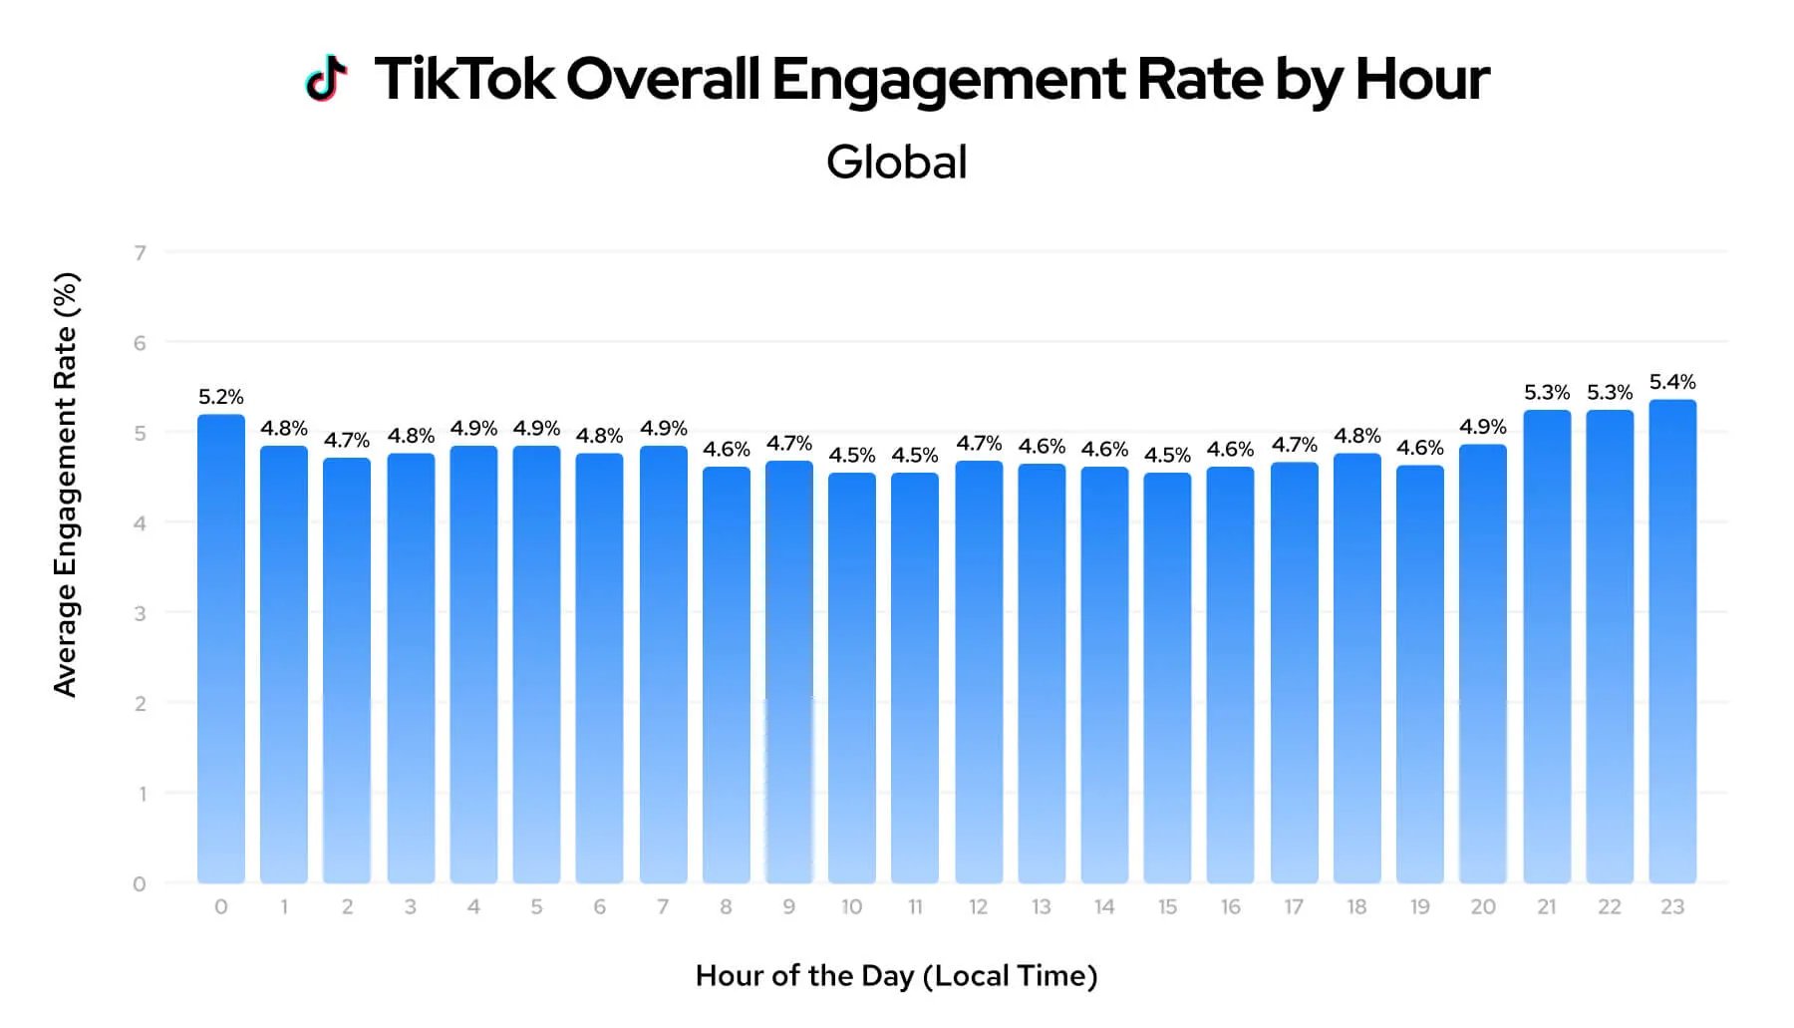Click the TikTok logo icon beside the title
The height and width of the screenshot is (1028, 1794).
[x=326, y=78]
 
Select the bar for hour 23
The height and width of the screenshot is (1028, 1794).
[x=1671, y=643]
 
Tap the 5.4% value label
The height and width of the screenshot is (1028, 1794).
[x=1671, y=382]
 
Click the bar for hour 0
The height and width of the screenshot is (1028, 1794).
[x=220, y=648]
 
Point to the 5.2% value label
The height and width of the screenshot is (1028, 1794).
[x=220, y=397]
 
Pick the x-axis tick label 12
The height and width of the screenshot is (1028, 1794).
[x=978, y=906]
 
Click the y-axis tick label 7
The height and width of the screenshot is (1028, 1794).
[x=141, y=253]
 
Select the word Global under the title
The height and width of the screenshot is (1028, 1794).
[x=896, y=163]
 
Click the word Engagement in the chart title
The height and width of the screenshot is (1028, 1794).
[x=948, y=80]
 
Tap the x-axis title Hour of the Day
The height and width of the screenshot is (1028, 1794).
[x=895, y=975]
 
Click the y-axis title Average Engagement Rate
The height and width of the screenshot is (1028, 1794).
[x=65, y=485]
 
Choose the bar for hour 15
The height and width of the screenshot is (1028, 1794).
[x=1167, y=678]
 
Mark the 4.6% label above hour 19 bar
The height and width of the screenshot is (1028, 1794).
[x=1419, y=448]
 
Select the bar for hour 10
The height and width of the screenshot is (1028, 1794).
[x=851, y=678]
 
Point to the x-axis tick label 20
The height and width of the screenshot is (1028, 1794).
[x=1482, y=906]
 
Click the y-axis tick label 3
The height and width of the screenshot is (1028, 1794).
[x=141, y=613]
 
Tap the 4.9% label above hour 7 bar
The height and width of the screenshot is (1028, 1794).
[x=663, y=428]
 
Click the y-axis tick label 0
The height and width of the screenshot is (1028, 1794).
[x=140, y=883]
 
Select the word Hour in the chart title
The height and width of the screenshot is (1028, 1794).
[x=1421, y=78]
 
